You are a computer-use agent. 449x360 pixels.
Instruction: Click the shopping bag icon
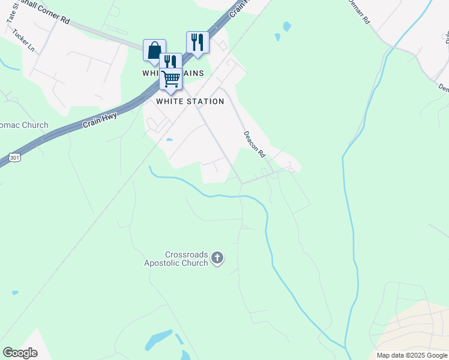pyautogui.click(x=154, y=50)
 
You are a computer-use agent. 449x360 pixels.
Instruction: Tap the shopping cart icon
pyautogui.click(x=171, y=79)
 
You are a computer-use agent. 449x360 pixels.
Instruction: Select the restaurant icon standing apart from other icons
pyautogui.click(x=197, y=42)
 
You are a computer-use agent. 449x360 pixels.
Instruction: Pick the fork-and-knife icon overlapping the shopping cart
pyautogui.click(x=170, y=62)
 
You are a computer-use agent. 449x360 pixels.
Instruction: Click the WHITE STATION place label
pyautogui.click(x=190, y=101)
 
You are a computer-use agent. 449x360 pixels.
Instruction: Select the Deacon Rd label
pyautogui.click(x=255, y=144)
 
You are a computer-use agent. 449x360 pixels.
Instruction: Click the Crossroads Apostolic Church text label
pyautogui.click(x=176, y=259)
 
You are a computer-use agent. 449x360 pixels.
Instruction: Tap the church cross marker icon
pyautogui.click(x=217, y=259)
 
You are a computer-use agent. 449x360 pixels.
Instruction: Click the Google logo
pyautogui.click(x=20, y=353)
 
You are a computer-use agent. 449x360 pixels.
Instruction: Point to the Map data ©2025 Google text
pyautogui.click(x=411, y=355)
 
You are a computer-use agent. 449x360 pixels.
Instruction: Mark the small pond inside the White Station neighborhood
pyautogui.click(x=169, y=140)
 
